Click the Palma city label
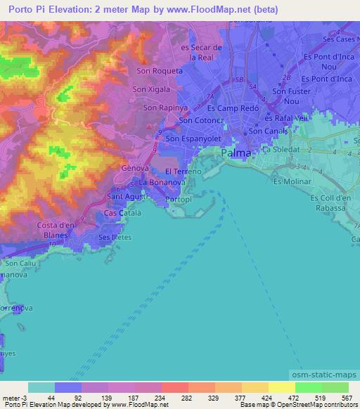[x=236, y=152]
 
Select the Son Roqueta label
[x=160, y=70]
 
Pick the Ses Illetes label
[x=115, y=238]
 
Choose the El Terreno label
[x=184, y=171]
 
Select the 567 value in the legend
[x=346, y=398]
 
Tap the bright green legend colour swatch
[x=308, y=387]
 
